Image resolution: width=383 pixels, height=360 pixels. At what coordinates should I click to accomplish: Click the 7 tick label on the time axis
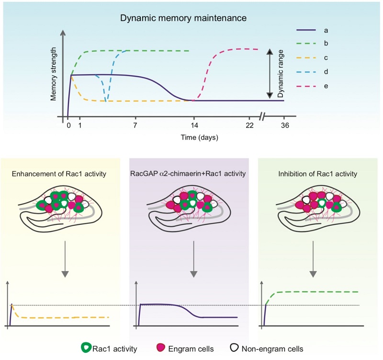[135, 126]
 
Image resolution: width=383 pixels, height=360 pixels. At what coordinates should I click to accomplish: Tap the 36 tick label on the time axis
[283, 126]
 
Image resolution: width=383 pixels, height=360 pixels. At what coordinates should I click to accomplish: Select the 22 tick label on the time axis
[249, 126]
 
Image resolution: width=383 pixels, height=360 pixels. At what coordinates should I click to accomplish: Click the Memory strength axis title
[54, 73]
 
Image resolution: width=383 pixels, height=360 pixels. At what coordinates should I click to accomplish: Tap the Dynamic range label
[281, 74]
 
